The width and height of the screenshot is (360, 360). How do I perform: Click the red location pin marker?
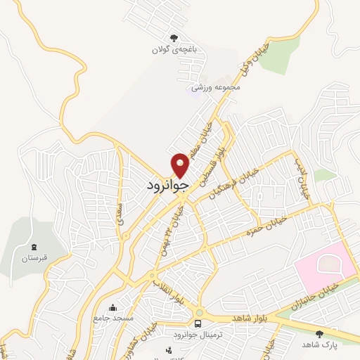point(181,165)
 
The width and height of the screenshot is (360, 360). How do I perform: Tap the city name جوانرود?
point(168,185)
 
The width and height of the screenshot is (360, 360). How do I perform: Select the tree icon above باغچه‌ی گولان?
point(172,38)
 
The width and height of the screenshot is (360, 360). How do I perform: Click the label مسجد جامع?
point(110,319)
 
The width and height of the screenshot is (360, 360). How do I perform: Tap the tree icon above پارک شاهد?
point(321,333)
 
